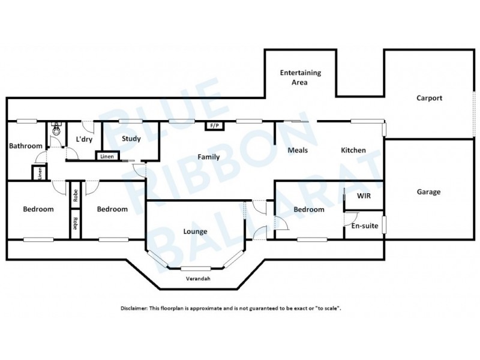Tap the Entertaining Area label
coord(301,77)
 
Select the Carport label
coord(429,98)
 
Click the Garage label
coord(428,192)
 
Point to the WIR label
coord(363,196)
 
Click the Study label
coord(131,139)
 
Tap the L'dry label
coord(83,139)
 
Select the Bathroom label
coord(25,146)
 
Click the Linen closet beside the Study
coord(107,157)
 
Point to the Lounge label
coord(196,231)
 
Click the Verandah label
coord(197,280)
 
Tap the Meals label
coord(298,150)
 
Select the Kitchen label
coord(353,150)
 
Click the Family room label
coord(208,157)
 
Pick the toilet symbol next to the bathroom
coord(56,128)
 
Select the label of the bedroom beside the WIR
coord(308,209)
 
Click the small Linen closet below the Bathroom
coord(40,173)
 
